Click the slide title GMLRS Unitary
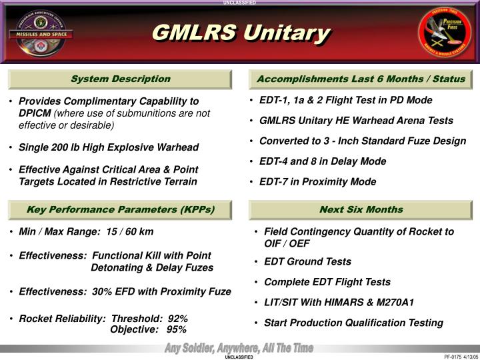point(241,33)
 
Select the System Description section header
point(121,79)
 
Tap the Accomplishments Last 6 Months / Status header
point(361,79)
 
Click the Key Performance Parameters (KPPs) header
point(121,209)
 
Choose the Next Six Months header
point(361,209)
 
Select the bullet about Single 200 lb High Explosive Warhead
point(108,147)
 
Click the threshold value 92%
point(177,319)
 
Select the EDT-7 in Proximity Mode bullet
point(317,181)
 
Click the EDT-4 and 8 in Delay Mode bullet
point(323,161)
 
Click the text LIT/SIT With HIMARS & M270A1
point(339,302)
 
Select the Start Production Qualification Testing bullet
point(353,323)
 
